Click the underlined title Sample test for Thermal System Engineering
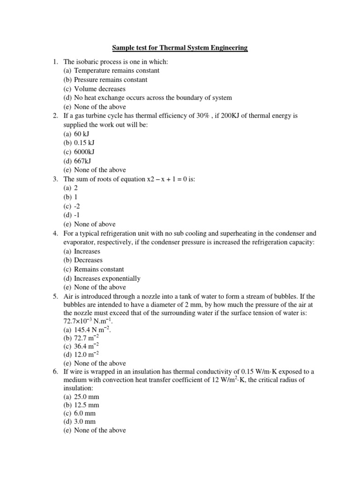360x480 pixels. [x=180, y=48]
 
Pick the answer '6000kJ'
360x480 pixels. [x=88, y=152]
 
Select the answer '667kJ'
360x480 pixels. [x=86, y=161]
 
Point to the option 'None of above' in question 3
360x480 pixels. [x=94, y=224]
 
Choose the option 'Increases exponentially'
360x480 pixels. [x=107, y=278]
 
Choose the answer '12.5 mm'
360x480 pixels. [x=87, y=405]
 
